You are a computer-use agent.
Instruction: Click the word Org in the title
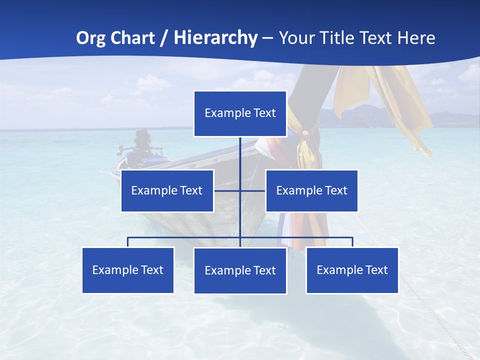coord(91,38)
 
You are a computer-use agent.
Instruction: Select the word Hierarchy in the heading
coord(215,38)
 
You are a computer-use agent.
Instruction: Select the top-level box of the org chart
coord(240,113)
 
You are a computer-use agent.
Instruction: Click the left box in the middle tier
coord(167,190)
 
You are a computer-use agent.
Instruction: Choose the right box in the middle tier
coord(311,190)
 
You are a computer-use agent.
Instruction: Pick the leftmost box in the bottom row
coord(128,270)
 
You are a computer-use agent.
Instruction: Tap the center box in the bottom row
coord(240,270)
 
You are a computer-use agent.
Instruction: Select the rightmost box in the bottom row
coord(352,270)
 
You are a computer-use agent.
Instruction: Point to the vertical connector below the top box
coord(240,160)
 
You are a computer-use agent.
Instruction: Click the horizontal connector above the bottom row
coord(185,237)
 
